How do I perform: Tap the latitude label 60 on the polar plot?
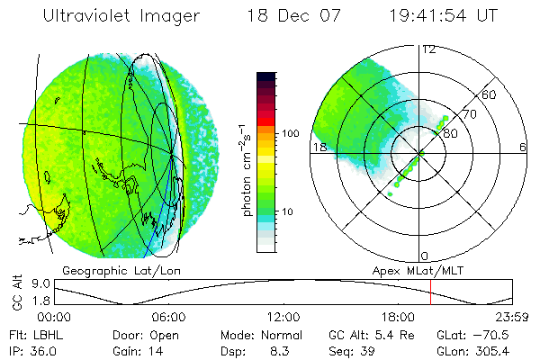[490, 95]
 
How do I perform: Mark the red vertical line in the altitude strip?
[431, 293]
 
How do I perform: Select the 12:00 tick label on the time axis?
[283, 317]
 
